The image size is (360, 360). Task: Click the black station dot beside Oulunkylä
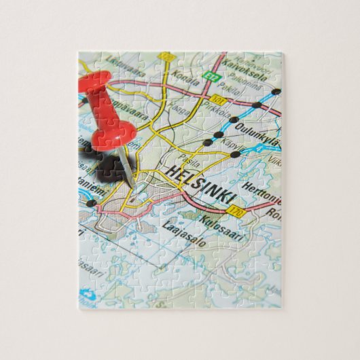[x=233, y=120]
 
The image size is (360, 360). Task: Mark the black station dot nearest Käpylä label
[x=235, y=155]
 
